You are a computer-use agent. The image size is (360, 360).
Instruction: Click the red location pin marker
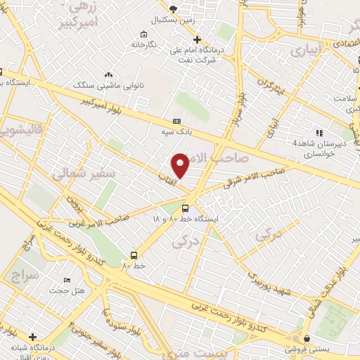coord(181,165)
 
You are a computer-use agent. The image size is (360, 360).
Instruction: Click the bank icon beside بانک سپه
coord(167,121)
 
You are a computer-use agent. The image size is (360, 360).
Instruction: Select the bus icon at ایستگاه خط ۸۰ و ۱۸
coord(185,208)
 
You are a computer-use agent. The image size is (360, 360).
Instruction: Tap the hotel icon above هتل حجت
coord(67,279)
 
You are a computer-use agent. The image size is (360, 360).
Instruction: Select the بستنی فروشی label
coord(309,348)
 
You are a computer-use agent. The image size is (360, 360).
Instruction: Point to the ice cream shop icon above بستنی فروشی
coord(307,337)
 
